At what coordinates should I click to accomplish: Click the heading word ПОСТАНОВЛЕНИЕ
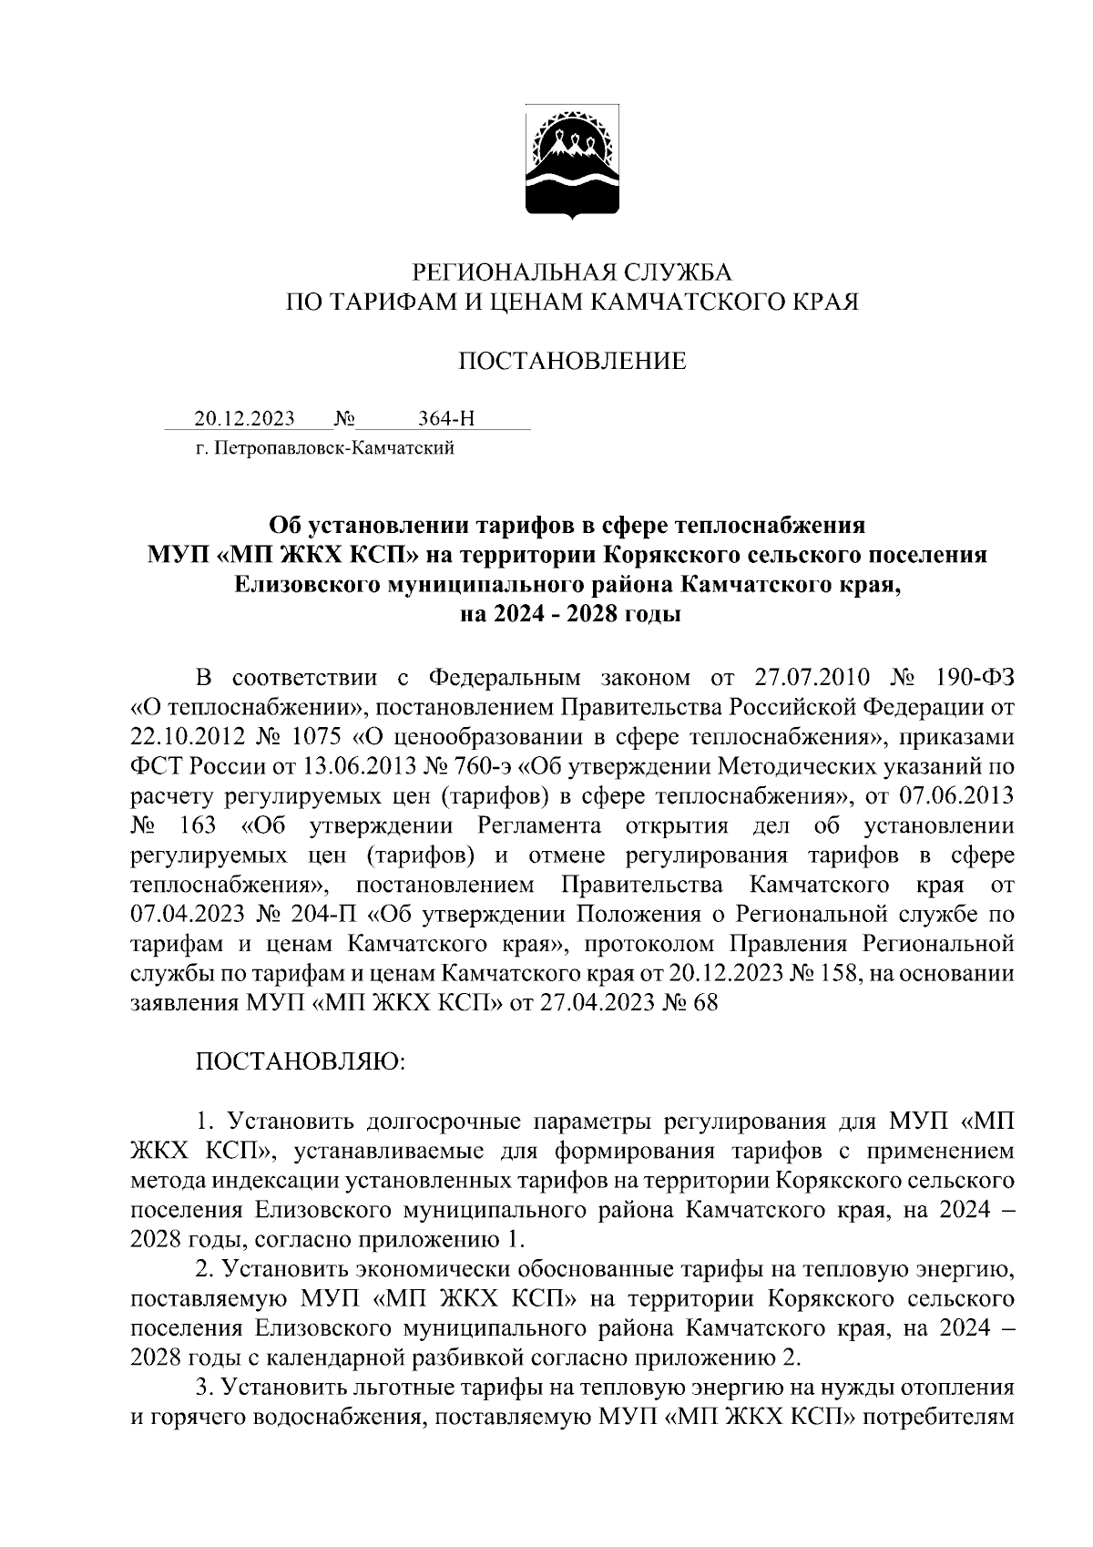(572, 362)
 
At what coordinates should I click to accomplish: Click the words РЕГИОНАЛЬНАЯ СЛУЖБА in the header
(572, 271)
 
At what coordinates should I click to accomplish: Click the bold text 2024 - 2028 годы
(572, 614)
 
